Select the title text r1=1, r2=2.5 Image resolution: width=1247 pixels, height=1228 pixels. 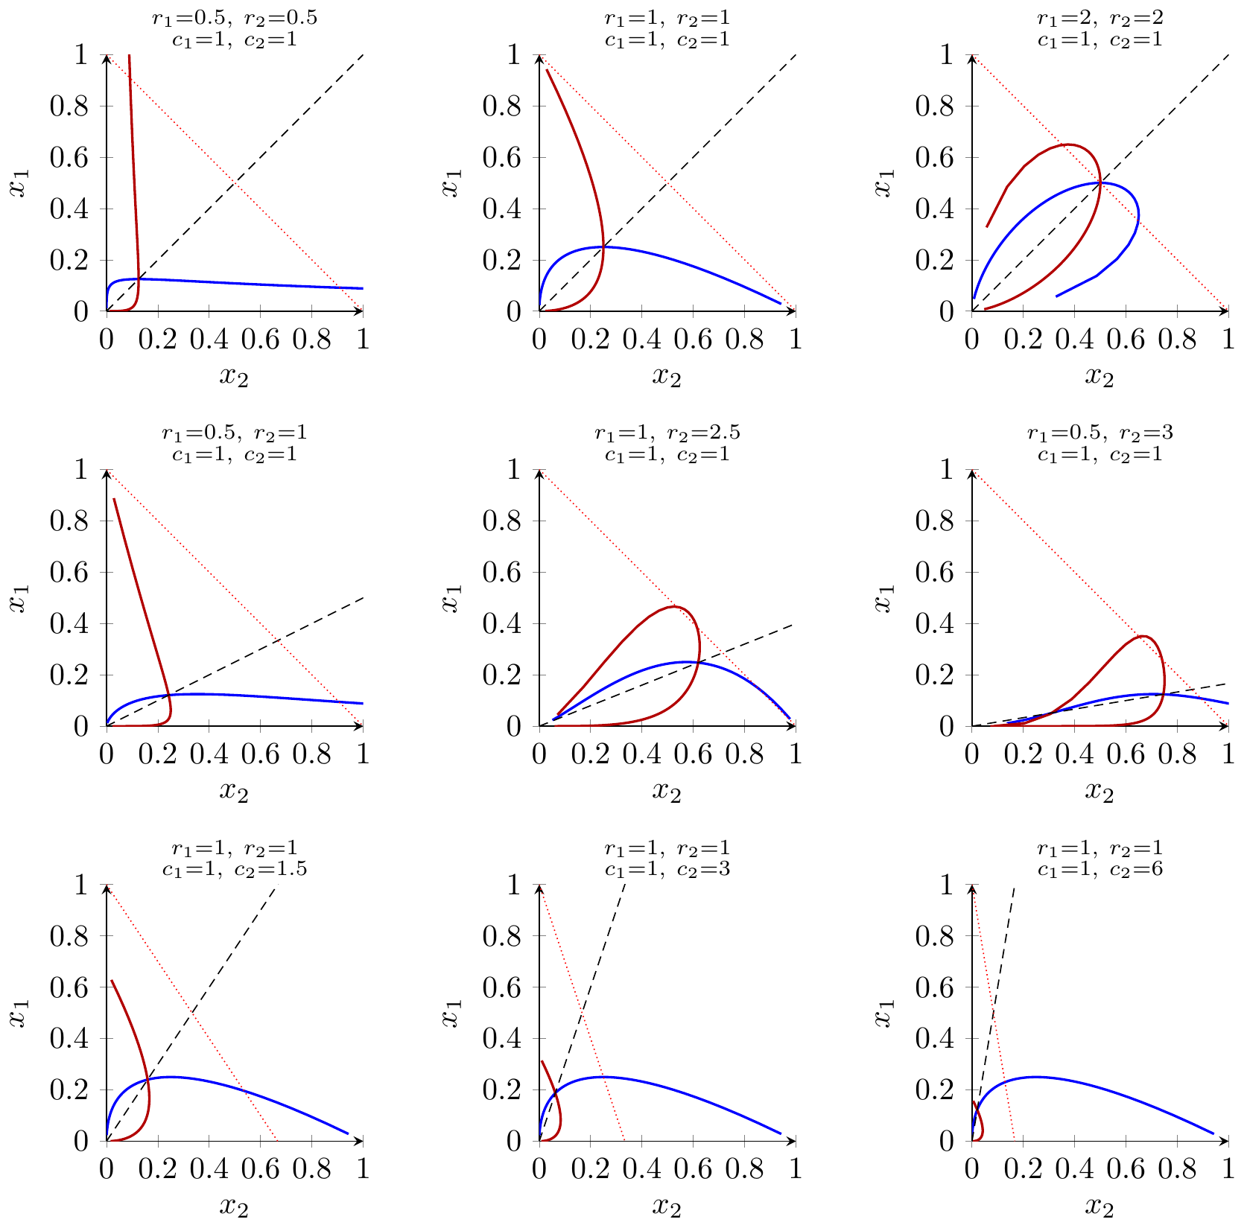coord(667,433)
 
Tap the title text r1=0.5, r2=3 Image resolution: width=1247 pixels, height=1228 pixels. coord(1100,433)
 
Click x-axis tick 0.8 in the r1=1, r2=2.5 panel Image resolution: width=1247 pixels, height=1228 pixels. coord(744,753)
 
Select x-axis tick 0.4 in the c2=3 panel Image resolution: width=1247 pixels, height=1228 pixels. coord(642,1168)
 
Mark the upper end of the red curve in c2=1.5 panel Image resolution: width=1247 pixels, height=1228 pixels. coord(112,981)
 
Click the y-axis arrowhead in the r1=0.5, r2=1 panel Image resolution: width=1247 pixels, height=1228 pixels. coord(107,473)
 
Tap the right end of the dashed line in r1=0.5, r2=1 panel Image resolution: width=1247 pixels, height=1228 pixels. coord(363,598)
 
